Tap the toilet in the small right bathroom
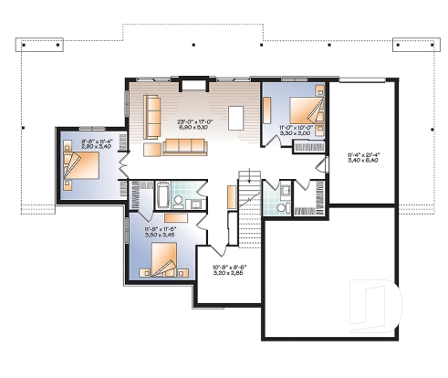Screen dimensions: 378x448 tap(286, 193)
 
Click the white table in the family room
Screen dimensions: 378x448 tap(236, 118)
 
